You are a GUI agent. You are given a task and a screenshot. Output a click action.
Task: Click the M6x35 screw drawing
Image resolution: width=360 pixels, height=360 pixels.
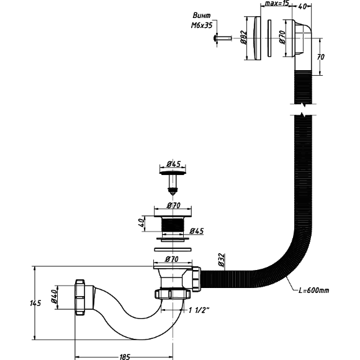coord(222,38)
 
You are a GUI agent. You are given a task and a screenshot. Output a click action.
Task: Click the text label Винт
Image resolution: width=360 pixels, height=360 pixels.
coord(202,16)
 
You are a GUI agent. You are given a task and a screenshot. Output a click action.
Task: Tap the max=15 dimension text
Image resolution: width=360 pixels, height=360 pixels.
coord(277,4)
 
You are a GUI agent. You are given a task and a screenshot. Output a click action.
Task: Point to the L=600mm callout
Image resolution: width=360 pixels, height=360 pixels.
coord(313,290)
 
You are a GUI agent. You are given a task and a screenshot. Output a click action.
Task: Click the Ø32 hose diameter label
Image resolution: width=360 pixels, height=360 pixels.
coord(221,259)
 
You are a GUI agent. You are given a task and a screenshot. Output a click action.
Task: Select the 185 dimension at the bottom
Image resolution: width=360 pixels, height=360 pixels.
coord(125,357)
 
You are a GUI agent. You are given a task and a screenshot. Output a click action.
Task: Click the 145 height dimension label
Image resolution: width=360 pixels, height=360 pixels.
coord(35,303)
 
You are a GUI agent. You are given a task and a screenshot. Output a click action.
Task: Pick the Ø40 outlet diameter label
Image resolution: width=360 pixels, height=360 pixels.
coord(54,297)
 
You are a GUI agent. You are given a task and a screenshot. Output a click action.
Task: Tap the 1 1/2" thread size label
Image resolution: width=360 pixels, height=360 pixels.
coord(199,310)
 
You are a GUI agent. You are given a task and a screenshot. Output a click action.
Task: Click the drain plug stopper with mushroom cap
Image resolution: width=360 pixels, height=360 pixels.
coord(173,182)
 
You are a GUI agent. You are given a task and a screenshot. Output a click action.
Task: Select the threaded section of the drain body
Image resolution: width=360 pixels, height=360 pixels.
coord(173,225)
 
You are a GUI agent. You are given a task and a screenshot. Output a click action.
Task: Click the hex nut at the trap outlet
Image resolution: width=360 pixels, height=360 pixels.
coord(80,297)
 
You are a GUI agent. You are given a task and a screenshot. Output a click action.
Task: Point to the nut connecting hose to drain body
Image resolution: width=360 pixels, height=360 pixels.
coord(196,279)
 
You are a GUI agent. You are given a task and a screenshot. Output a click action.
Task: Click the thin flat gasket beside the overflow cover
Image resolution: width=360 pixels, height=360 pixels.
coord(269,38)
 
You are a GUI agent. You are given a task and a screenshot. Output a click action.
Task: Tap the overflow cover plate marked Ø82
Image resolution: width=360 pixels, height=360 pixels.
coord(256,38)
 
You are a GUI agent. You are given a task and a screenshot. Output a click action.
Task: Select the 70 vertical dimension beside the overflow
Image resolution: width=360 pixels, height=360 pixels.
coord(321,56)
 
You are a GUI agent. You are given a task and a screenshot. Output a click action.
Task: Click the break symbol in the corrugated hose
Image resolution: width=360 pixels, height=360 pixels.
coord(303,109)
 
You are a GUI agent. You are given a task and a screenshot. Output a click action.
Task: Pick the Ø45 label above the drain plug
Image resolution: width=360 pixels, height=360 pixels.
coord(174,164)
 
